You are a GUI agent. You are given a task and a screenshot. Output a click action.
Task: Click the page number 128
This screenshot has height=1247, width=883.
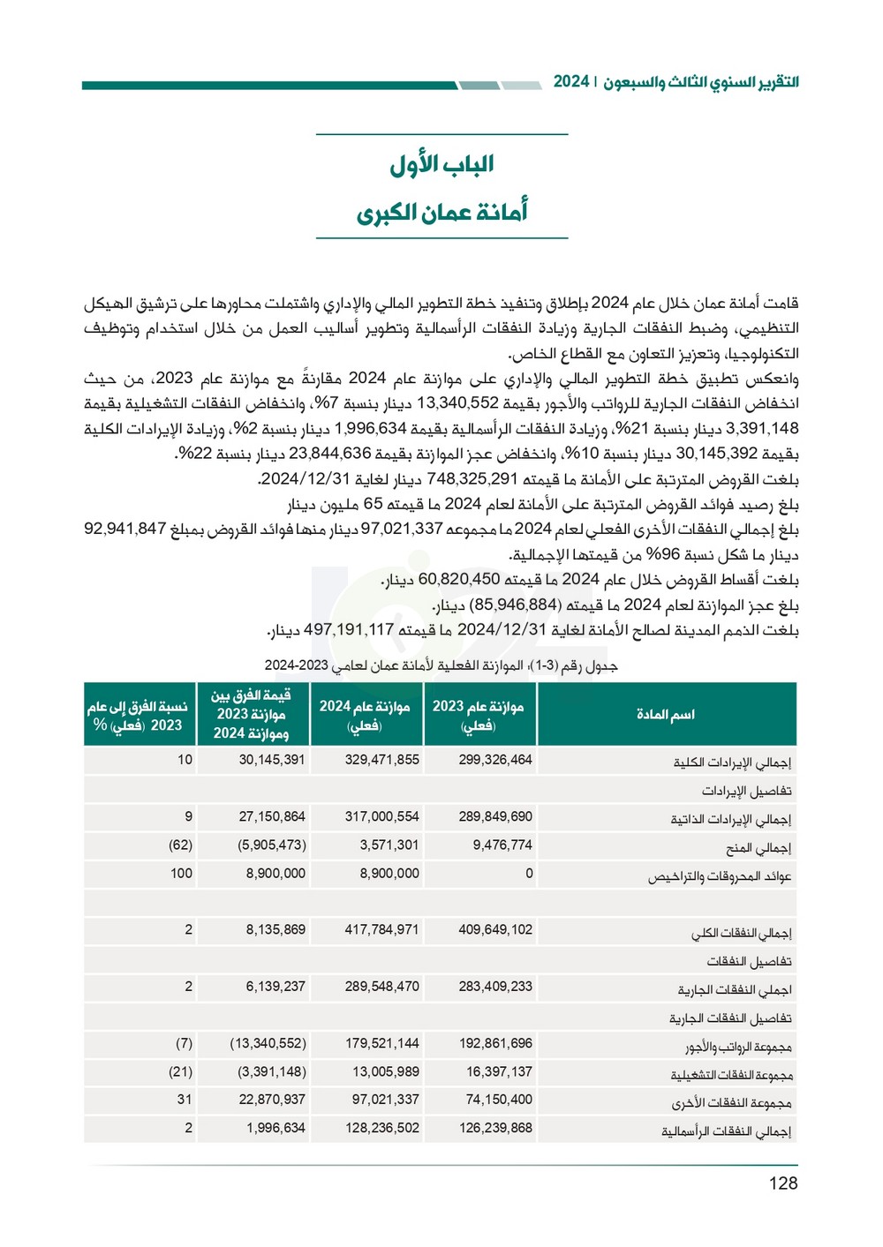pos(782,1183)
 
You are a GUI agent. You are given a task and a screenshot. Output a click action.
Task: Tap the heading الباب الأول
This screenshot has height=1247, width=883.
pos(441,164)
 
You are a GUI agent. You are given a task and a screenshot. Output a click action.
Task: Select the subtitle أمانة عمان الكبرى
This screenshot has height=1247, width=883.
pos(441,213)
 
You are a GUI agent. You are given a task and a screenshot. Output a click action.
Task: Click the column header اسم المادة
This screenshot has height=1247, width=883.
pos(666,714)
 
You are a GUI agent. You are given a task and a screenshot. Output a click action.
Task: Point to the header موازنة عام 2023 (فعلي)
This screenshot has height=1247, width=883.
pos(478,715)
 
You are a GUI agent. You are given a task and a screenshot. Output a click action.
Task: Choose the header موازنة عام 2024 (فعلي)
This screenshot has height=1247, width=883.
pos(365,715)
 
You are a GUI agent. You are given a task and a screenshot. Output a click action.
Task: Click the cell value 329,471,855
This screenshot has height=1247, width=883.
pos(381,760)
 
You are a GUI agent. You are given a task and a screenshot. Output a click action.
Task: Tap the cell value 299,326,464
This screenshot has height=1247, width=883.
pos(495,760)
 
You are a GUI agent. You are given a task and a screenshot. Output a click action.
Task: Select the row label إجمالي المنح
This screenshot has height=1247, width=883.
pos(758,848)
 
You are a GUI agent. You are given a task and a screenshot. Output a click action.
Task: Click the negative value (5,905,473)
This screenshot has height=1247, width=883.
pos(271,845)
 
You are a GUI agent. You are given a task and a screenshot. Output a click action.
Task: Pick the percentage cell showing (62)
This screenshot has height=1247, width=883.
pos(180,845)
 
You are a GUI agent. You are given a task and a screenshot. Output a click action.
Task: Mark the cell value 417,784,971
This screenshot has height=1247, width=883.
pos(381,930)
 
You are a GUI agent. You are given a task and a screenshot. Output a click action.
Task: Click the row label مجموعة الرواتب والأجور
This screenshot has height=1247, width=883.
pos(738,1047)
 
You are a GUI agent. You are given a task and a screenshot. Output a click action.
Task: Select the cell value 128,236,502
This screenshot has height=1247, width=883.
pos(381,1128)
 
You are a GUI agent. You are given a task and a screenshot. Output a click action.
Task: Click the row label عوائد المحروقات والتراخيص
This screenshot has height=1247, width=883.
pos(720,876)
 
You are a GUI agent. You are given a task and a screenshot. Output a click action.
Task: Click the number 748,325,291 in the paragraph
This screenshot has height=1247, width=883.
pos(472,479)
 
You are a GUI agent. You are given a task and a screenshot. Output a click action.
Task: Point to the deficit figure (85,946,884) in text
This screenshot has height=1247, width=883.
pos(515,605)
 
